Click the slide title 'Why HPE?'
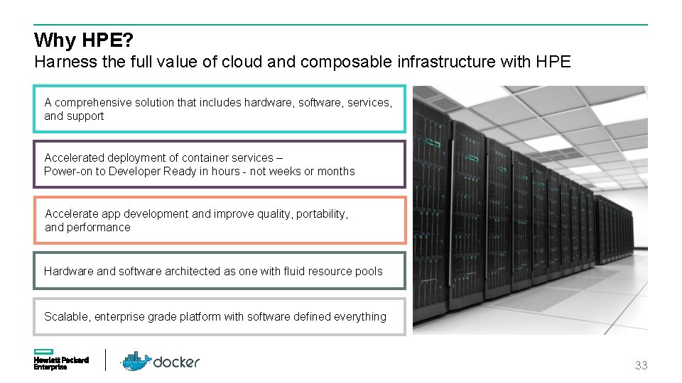pyautogui.click(x=84, y=40)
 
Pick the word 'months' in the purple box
pyautogui.click(x=336, y=171)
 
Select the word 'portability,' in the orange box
pyautogui.click(x=322, y=213)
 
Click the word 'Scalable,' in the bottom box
pyautogui.click(x=66, y=316)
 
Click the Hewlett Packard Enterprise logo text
pyautogui.click(x=61, y=363)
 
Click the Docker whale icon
pyautogui.click(x=135, y=361)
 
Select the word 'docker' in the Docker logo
pyautogui.click(x=176, y=362)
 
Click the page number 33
pyautogui.click(x=641, y=366)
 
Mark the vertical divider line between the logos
pyautogui.click(x=106, y=360)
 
